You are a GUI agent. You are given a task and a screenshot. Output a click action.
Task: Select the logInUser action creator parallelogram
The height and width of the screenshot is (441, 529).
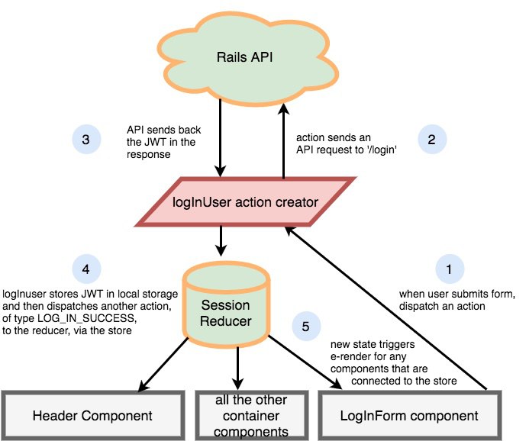[x=245, y=202]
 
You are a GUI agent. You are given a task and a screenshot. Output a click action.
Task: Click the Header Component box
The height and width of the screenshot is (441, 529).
[x=93, y=415]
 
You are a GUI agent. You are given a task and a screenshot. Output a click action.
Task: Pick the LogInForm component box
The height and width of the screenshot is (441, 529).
[x=409, y=415]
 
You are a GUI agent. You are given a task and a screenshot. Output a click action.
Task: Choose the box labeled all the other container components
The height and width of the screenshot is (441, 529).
[x=252, y=415]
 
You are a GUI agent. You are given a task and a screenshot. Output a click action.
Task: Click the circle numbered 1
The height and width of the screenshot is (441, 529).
[x=450, y=269]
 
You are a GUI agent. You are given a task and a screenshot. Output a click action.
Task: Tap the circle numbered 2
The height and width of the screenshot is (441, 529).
[x=432, y=140]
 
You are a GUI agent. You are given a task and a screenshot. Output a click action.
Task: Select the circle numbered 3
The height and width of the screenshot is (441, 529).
[x=86, y=140]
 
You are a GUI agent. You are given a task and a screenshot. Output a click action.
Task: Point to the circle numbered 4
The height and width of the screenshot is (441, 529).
[x=86, y=269]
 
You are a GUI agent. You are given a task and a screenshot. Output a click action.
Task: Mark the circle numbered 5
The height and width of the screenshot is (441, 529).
[x=306, y=326]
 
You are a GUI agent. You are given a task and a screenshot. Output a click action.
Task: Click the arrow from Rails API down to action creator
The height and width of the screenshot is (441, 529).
[x=221, y=137]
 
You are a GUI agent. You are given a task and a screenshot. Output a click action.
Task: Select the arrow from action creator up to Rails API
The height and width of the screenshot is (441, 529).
[x=283, y=141]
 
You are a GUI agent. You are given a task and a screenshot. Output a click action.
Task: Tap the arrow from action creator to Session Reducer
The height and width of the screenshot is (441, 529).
[x=221, y=241]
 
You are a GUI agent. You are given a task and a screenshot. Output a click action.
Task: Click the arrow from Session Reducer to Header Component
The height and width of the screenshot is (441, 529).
[x=163, y=365]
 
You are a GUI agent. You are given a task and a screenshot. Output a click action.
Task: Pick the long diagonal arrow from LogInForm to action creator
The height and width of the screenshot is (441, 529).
[x=386, y=308]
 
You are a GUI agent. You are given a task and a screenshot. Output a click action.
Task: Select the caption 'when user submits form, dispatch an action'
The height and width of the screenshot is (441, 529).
[x=457, y=300]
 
